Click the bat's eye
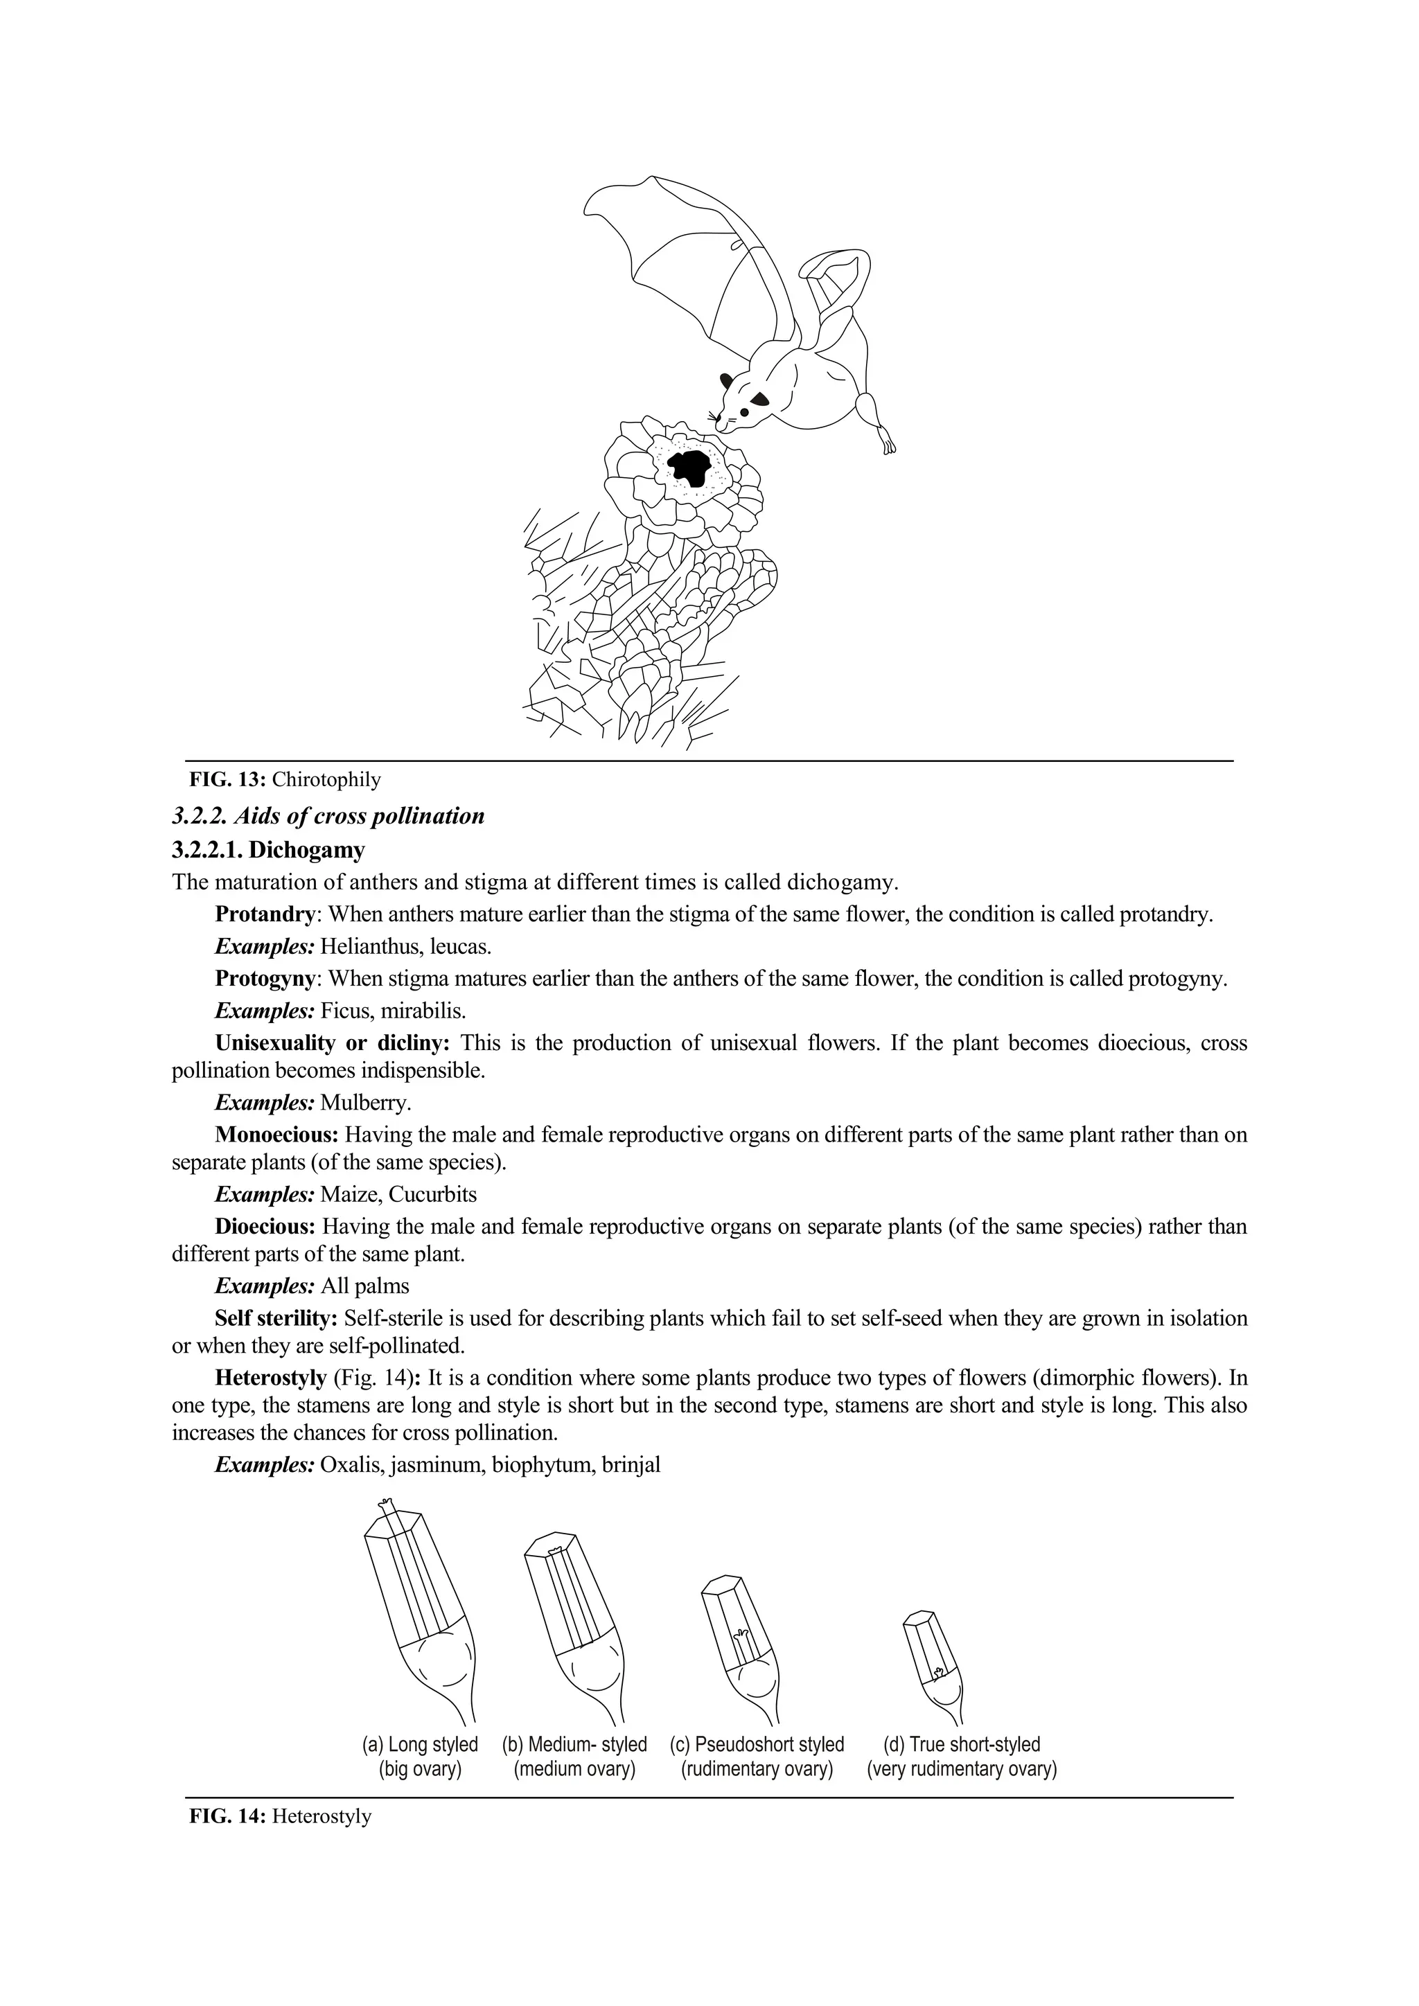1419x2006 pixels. [743, 411]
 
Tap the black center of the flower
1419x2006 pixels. [690, 468]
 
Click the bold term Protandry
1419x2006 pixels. [265, 915]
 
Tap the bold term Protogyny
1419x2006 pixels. [265, 979]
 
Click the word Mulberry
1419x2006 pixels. [365, 1103]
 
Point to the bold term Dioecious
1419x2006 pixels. [265, 1227]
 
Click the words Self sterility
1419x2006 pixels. [275, 1317]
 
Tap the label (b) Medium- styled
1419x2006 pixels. [574, 1745]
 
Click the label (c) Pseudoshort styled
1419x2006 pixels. [757, 1745]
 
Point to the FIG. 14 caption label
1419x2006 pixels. [228, 1816]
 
